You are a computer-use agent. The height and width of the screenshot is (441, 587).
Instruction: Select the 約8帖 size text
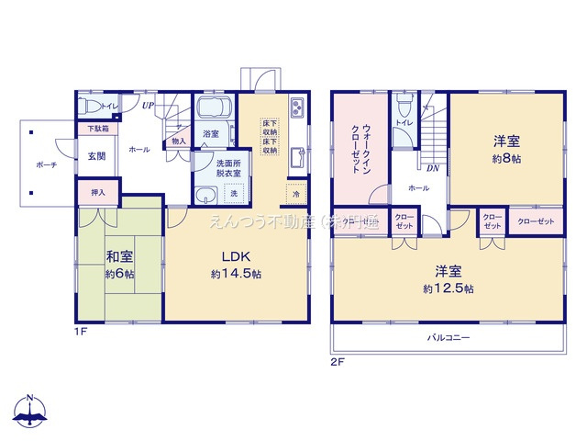click(506, 158)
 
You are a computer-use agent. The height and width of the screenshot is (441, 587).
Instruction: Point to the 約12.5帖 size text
click(449, 288)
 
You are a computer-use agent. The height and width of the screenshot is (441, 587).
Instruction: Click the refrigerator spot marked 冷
click(296, 195)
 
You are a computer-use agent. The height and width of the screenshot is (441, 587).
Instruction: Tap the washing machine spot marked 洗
click(233, 195)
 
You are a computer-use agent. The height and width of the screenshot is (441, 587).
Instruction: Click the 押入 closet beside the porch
click(98, 193)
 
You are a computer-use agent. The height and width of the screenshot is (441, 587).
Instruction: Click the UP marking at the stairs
click(148, 106)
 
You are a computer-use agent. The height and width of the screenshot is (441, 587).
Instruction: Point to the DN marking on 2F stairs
click(430, 168)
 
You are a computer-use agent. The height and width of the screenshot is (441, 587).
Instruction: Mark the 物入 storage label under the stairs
click(178, 141)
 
